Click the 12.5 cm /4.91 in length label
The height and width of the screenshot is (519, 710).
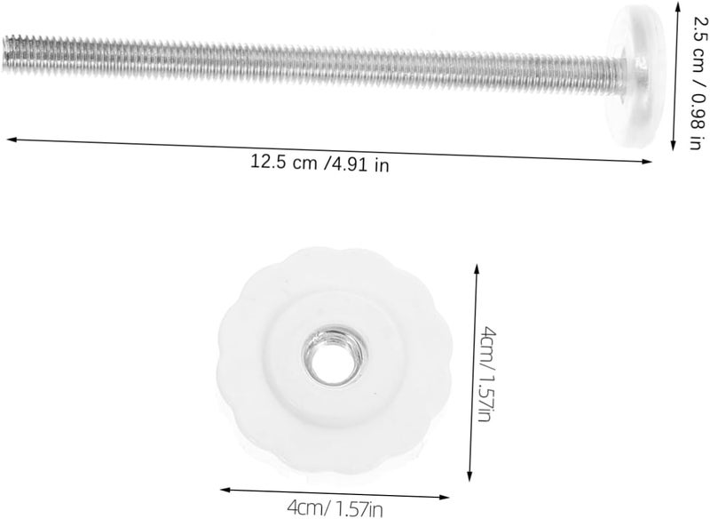point(319,163)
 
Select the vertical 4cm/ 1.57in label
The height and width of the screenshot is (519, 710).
point(487,373)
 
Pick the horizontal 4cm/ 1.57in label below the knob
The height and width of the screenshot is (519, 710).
point(335,508)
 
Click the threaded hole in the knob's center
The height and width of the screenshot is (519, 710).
point(335,355)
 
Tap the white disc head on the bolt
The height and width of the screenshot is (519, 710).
point(637,69)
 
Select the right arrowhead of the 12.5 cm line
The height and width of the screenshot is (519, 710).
point(648,162)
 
